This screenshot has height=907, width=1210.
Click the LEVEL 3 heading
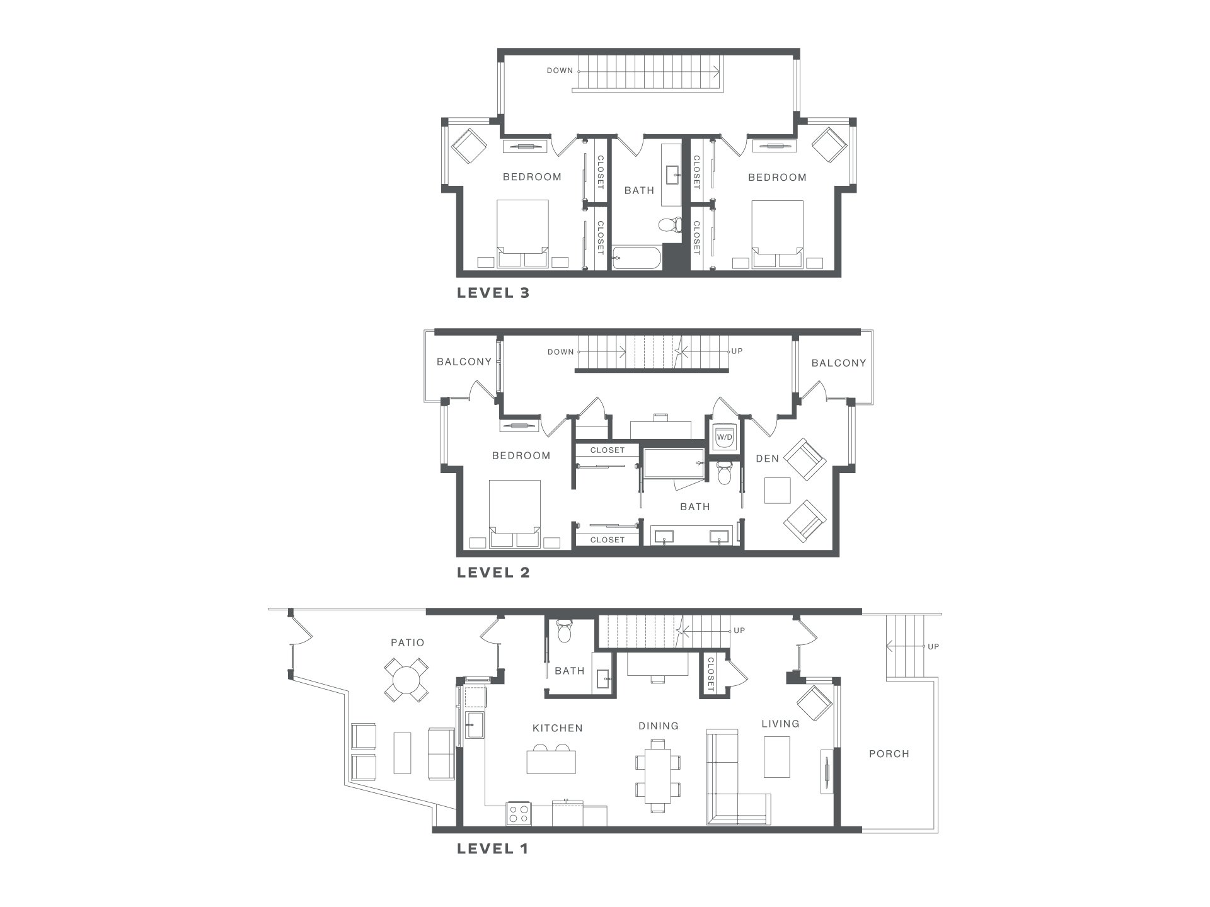click(x=493, y=293)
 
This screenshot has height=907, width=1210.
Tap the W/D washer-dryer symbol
click(x=725, y=436)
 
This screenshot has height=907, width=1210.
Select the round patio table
click(x=406, y=681)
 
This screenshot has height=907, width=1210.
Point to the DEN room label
click(x=768, y=459)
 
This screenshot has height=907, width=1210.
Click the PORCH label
click(x=889, y=753)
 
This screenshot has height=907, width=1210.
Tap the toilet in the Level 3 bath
click(x=671, y=225)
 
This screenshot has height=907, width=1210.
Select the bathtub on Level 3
click(x=637, y=258)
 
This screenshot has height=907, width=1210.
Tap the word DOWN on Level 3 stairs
click(x=560, y=71)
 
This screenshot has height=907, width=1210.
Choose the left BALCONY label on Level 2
click(x=464, y=362)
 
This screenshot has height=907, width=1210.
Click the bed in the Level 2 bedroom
click(x=515, y=513)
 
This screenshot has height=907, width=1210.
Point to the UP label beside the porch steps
click(x=933, y=646)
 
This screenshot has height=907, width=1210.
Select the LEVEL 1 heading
click(x=492, y=849)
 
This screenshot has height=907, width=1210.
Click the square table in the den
click(x=777, y=491)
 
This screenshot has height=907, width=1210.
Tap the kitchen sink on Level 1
click(x=474, y=724)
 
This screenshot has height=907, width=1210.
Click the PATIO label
click(x=407, y=642)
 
